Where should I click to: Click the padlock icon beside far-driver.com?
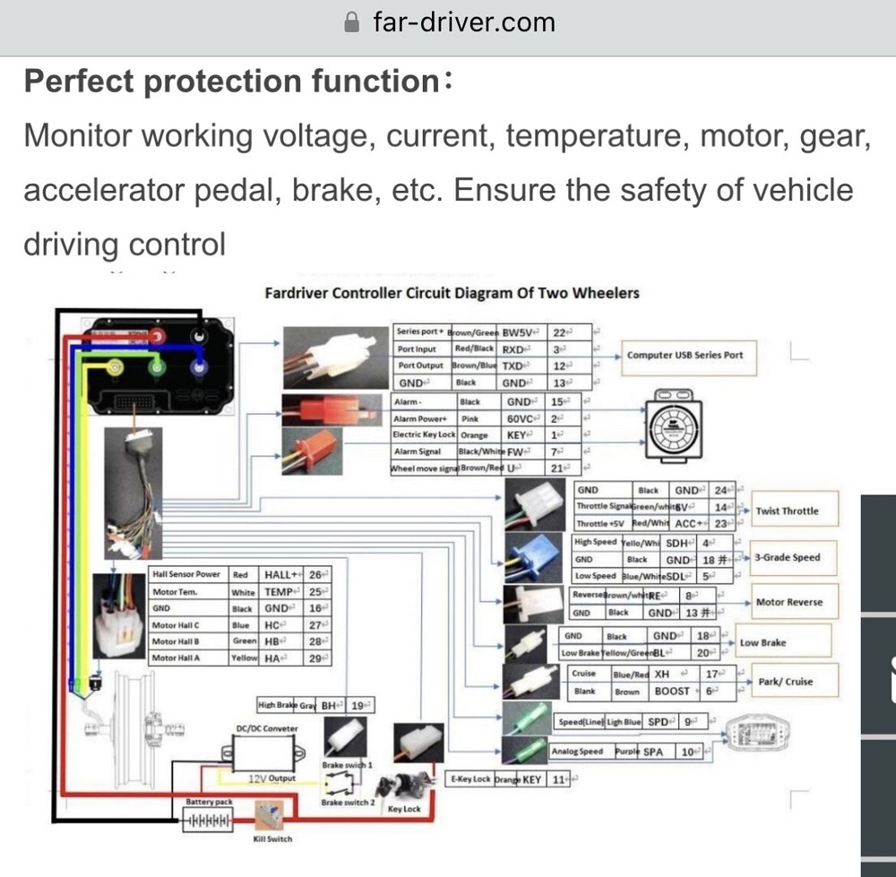click(x=352, y=22)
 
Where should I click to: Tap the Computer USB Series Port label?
click(x=685, y=355)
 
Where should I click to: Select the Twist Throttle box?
click(x=787, y=511)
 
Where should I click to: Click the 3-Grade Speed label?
click(x=787, y=557)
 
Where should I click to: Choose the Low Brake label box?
click(x=762, y=642)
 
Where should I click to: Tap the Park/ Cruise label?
click(x=785, y=681)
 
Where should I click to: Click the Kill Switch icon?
click(x=270, y=817)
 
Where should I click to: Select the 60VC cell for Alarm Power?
click(x=520, y=418)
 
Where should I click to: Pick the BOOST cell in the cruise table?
click(x=672, y=692)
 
